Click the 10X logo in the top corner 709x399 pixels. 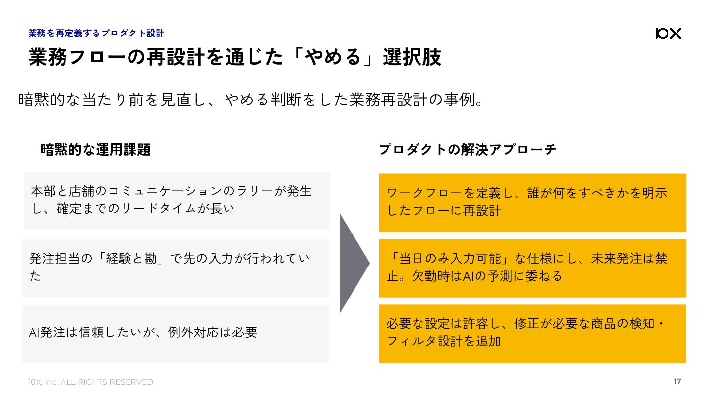tap(668, 33)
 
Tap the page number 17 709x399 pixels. tap(677, 382)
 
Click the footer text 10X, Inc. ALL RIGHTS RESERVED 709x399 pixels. tap(91, 382)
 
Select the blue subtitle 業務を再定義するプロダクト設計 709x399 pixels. tap(97, 33)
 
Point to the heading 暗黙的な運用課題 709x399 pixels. tap(96, 150)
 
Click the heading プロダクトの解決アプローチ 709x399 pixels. tap(468, 149)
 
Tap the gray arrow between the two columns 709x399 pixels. tap(354, 263)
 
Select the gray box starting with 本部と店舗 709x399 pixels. tap(177, 201)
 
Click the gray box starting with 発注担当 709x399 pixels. tap(175, 268)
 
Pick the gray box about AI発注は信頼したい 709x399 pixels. tap(175, 333)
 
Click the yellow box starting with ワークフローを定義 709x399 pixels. tap(532, 202)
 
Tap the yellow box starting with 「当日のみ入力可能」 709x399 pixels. tap(532, 268)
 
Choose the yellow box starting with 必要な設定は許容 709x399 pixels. tap(532, 333)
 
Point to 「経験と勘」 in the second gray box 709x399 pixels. tap(132, 258)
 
